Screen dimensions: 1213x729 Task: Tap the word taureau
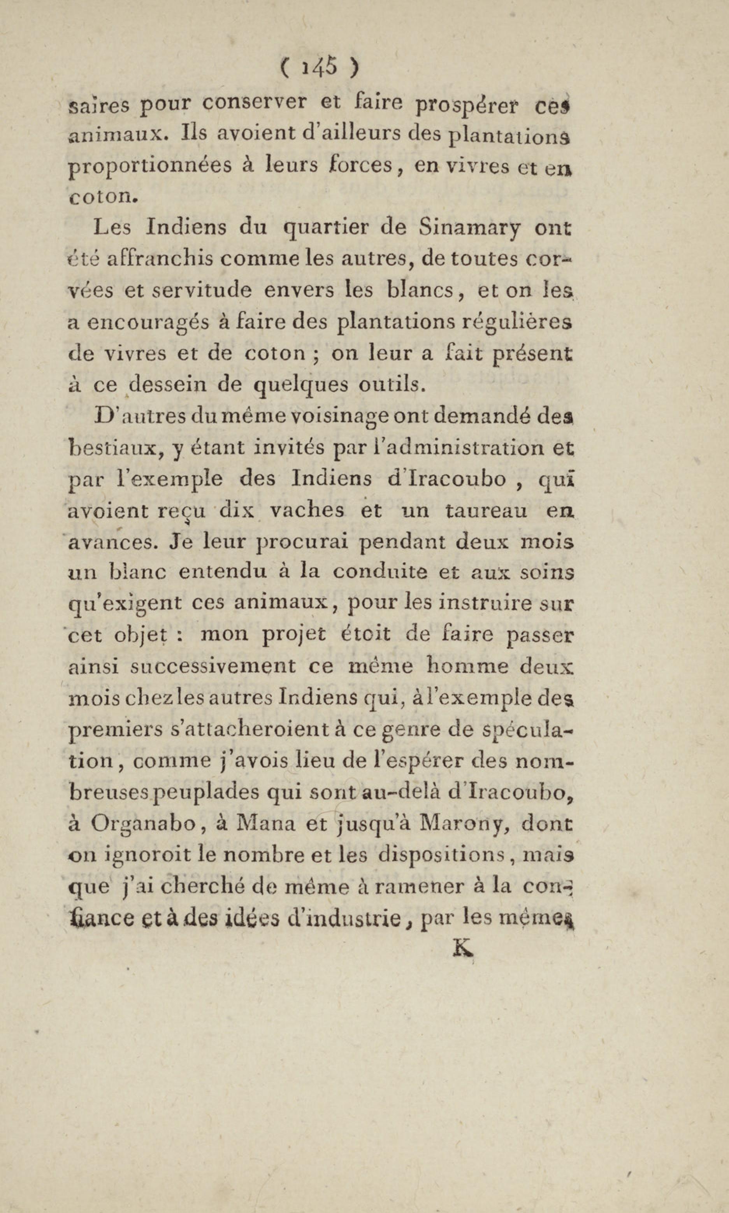pos(487,511)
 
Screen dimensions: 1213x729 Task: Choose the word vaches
pos(307,511)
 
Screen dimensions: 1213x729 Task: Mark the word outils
pos(390,384)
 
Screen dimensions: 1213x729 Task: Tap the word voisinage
pos(340,417)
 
